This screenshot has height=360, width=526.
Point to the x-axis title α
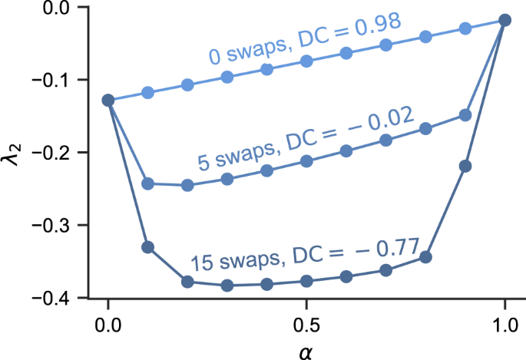click(x=306, y=350)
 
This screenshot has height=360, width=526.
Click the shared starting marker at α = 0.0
click(x=108, y=101)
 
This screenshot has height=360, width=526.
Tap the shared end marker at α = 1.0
click(x=504, y=20)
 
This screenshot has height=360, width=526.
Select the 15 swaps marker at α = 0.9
click(x=465, y=166)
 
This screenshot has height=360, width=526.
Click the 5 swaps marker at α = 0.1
click(x=148, y=183)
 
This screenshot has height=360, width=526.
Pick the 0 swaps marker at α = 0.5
click(x=306, y=61)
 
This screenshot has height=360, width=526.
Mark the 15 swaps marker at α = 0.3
click(x=227, y=286)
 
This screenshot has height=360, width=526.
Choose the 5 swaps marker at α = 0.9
click(x=465, y=115)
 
